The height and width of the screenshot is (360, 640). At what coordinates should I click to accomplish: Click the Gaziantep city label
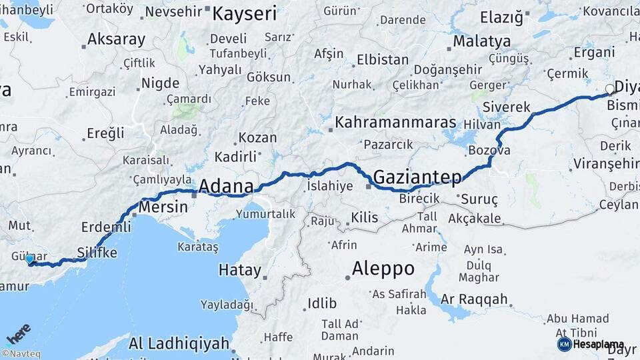click(x=417, y=177)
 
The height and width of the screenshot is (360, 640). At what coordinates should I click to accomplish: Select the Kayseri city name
click(x=245, y=13)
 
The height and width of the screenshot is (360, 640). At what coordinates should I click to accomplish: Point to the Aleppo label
click(x=383, y=269)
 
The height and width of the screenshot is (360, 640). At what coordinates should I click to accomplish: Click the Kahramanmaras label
click(x=395, y=123)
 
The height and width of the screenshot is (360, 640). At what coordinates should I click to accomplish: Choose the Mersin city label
click(x=163, y=207)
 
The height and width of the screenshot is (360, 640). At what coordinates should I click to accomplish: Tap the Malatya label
click(x=482, y=41)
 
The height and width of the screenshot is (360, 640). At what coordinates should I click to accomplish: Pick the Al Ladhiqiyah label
click(x=179, y=344)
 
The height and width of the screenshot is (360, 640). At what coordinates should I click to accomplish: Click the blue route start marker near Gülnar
click(x=29, y=259)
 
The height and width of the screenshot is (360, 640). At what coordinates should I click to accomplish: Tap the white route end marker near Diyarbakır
click(x=609, y=89)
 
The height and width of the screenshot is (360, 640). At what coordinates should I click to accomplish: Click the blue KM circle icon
click(x=564, y=344)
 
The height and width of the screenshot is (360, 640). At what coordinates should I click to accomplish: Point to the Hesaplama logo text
click(x=599, y=345)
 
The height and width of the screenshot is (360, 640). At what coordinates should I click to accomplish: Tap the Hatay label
click(x=240, y=270)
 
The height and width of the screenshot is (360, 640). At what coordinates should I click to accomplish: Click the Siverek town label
click(x=506, y=107)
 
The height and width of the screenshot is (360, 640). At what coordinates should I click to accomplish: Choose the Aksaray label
click(x=116, y=39)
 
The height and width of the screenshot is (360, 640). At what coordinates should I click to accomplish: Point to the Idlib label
click(x=322, y=304)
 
